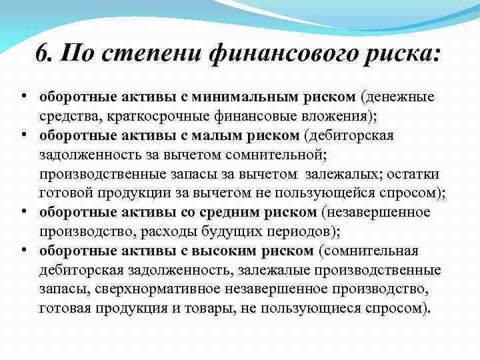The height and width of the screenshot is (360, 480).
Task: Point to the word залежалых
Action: point(341,175)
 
